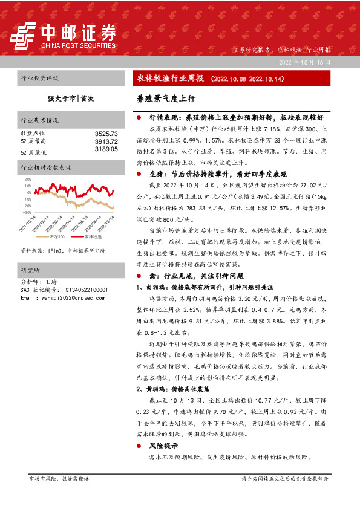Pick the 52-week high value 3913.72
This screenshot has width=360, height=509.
106,141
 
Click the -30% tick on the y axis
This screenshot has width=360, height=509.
27,213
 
